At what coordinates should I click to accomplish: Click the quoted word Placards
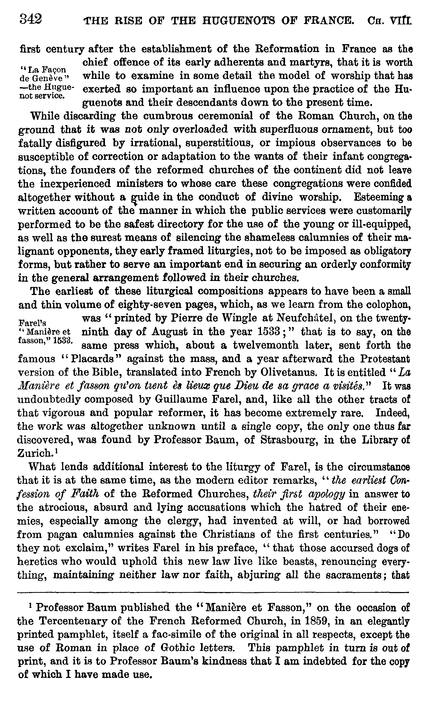pos(93,359)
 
